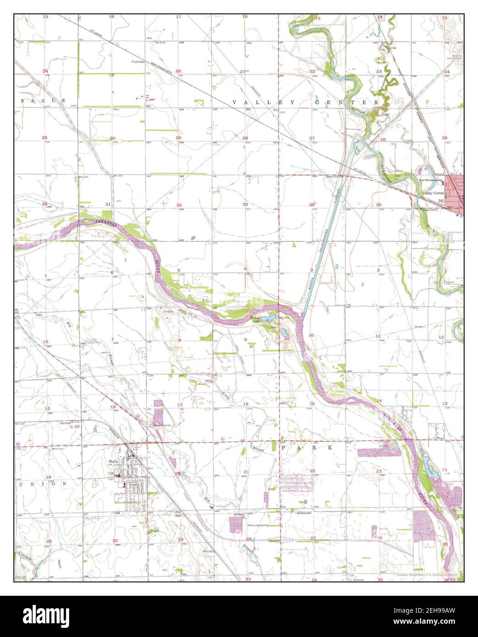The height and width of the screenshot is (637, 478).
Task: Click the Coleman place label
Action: (x=138, y=61)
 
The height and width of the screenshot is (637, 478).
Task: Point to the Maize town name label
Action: (x=113, y=461)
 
